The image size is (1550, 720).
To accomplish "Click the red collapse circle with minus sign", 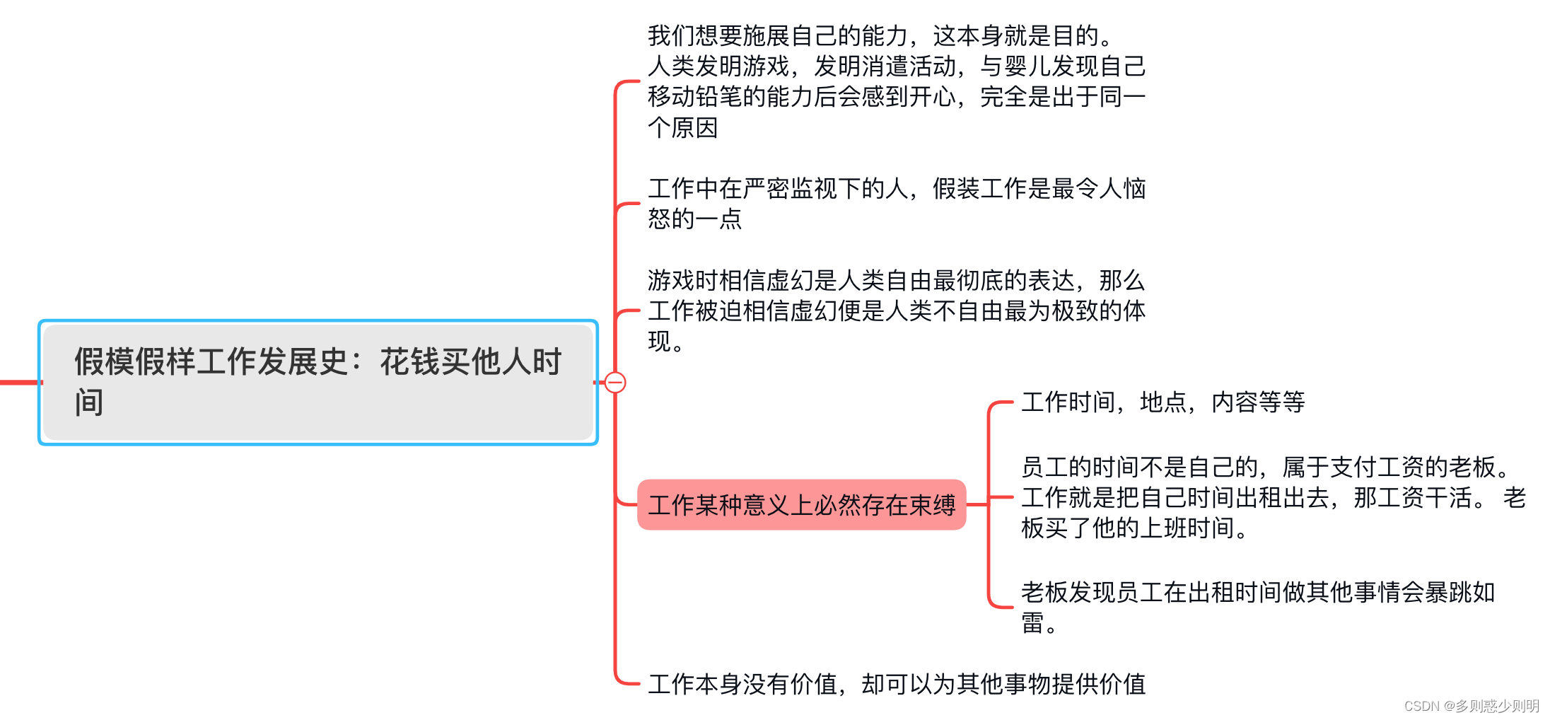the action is (x=615, y=383).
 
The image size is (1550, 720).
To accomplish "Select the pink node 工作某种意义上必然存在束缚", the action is (x=801, y=505).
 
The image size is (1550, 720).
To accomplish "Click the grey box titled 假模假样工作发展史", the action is (x=318, y=382).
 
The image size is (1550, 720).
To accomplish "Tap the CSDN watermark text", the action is (x=1471, y=706).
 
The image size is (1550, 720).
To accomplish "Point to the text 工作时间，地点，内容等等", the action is (x=1162, y=402).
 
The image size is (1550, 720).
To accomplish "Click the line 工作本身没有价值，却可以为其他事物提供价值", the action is (x=896, y=684).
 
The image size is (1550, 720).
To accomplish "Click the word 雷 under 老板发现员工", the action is (x=1033, y=623).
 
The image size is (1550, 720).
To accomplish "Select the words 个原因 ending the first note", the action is (x=683, y=128).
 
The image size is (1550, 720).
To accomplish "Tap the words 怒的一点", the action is (x=694, y=219).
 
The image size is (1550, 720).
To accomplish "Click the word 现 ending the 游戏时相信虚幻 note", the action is (x=660, y=342).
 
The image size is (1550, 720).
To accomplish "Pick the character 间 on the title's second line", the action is (x=90, y=402).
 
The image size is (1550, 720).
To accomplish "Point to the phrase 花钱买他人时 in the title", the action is (x=470, y=362).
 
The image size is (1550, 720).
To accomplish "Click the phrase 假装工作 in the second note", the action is (x=979, y=189).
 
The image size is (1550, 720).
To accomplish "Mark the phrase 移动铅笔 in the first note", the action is (x=694, y=97).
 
